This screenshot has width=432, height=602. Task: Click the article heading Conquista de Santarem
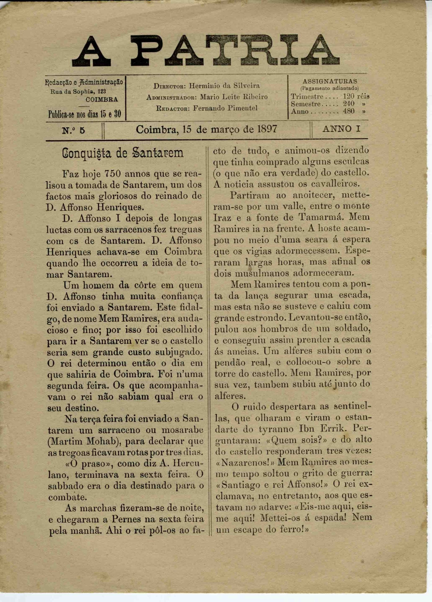pyautogui.click(x=123, y=154)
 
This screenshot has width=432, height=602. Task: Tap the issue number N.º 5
pyautogui.click(x=74, y=131)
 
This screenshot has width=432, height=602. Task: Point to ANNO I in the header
pyautogui.click(x=341, y=129)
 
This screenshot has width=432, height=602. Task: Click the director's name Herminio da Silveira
pyautogui.click(x=224, y=86)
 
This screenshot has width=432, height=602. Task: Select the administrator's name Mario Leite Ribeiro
pyautogui.click(x=234, y=97)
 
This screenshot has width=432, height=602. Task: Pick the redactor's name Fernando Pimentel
pyautogui.click(x=225, y=108)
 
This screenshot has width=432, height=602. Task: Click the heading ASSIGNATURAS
pyautogui.click(x=330, y=81)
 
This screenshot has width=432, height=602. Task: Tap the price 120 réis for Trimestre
pyautogui.click(x=356, y=96)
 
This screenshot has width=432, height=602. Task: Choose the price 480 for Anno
pyautogui.click(x=349, y=111)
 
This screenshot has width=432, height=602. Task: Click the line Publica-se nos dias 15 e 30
pyautogui.click(x=85, y=114)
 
